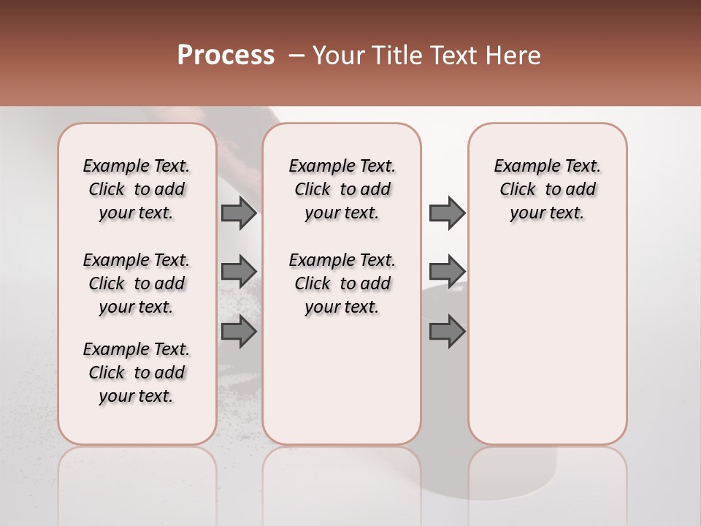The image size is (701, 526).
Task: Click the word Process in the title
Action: pyautogui.click(x=226, y=56)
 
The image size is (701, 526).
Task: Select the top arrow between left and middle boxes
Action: pyautogui.click(x=239, y=213)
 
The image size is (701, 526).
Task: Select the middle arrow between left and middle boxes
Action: pyautogui.click(x=239, y=271)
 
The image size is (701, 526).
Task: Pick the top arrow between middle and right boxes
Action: pyautogui.click(x=447, y=213)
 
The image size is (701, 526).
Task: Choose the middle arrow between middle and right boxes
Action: pyautogui.click(x=447, y=271)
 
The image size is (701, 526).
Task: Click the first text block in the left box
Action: pyautogui.click(x=137, y=189)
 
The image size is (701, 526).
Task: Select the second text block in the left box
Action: pyautogui.click(x=137, y=283)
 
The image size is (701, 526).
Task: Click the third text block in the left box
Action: pyautogui.click(x=137, y=373)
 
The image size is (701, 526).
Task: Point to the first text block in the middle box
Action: pyautogui.click(x=342, y=189)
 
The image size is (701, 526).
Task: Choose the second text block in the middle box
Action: pyautogui.click(x=342, y=283)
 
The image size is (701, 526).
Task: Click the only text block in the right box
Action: pyautogui.click(x=547, y=189)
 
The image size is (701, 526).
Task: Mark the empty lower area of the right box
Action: pyautogui.click(x=547, y=343)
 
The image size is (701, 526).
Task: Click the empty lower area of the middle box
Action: pyautogui.click(x=342, y=380)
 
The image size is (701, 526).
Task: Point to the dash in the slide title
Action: pyautogui.click(x=296, y=56)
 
